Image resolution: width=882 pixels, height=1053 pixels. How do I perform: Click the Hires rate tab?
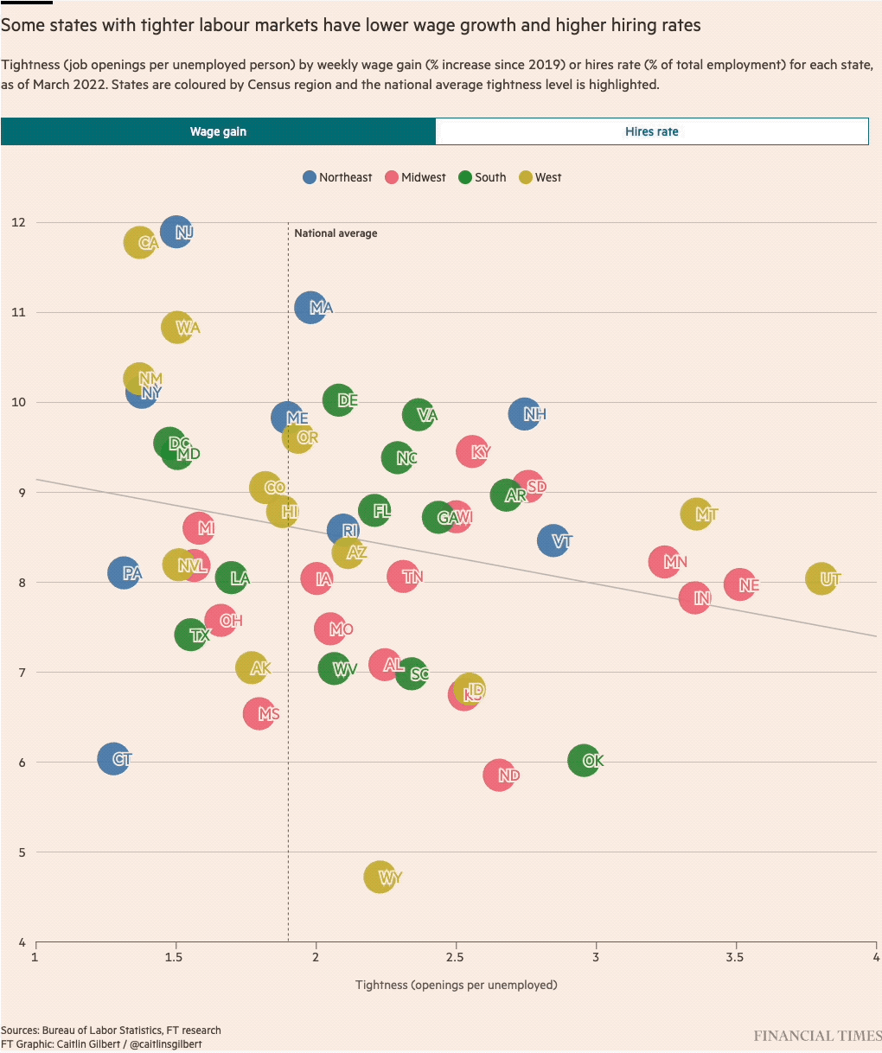651,131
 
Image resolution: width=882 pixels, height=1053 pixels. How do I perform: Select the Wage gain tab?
218,131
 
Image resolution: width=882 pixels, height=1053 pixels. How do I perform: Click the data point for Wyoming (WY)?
380,877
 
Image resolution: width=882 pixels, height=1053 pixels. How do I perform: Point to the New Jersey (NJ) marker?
176,232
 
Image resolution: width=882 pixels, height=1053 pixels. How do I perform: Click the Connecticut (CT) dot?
113,759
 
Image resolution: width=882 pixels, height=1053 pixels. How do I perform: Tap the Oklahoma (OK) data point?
585,761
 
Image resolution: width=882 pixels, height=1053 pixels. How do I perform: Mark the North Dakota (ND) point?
500,775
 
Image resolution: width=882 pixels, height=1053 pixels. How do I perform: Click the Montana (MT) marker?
697,514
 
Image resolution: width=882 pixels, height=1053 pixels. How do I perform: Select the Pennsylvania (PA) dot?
125,572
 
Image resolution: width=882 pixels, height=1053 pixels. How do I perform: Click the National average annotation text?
336,233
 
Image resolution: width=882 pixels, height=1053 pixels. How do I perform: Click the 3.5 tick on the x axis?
736,958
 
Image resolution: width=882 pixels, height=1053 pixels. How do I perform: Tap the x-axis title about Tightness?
456,985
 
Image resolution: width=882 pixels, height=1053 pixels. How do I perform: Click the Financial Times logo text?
816,1036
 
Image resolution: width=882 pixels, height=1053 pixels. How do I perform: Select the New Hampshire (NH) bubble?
525,414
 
